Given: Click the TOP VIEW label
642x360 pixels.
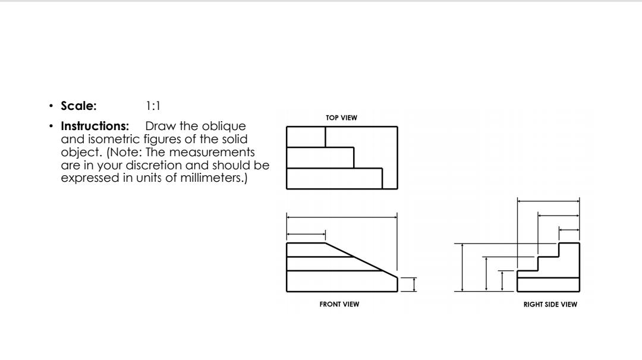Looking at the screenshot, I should pyautogui.click(x=341, y=118).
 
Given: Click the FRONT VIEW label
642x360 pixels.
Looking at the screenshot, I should pyautogui.click(x=339, y=305).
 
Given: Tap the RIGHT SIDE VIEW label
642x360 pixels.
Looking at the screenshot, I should pyautogui.click(x=550, y=305).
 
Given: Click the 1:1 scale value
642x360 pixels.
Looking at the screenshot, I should pyautogui.click(x=153, y=106).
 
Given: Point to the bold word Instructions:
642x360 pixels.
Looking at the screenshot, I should pyautogui.click(x=95, y=127).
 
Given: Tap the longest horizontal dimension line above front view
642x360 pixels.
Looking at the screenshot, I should pyautogui.click(x=342, y=217).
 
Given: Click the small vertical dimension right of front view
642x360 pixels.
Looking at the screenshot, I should pyautogui.click(x=414, y=285).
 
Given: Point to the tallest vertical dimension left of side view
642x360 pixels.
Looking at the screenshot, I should pyautogui.click(x=463, y=267).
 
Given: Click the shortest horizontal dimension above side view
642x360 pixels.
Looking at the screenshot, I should pyautogui.click(x=569, y=230).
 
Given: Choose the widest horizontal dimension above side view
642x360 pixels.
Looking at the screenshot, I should pyautogui.click(x=548, y=202).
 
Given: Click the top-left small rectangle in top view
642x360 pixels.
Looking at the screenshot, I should pyautogui.click(x=306, y=137).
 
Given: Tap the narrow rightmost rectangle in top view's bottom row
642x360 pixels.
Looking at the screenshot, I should pyautogui.click(x=389, y=178).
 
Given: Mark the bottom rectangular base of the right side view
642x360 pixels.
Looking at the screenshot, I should pyautogui.click(x=548, y=285).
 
